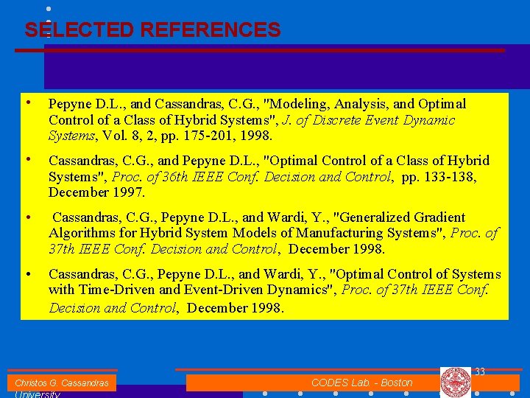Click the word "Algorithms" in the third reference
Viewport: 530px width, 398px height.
point(82,234)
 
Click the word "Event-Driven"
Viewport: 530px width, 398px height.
point(219,290)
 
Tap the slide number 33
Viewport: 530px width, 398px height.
point(479,372)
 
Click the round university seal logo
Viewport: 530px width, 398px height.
point(455,383)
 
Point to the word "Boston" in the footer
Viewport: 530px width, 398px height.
point(397,383)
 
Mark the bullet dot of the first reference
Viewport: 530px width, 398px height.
point(27,102)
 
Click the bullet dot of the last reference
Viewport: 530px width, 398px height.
point(27,274)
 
